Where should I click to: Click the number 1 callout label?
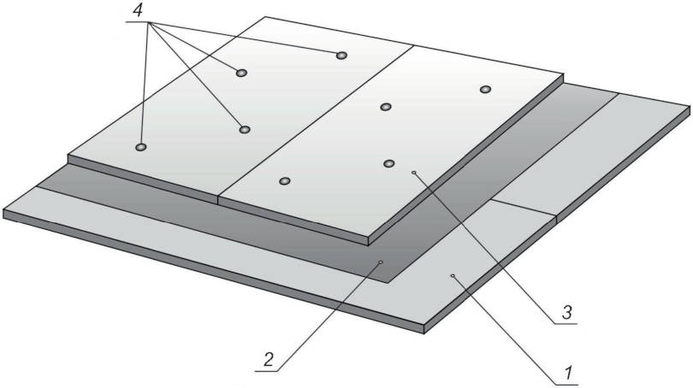[x=570, y=373]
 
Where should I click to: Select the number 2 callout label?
[x=269, y=360]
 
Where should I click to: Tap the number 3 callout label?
[x=567, y=312]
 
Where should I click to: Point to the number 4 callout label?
[x=139, y=9]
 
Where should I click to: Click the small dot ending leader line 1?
[x=452, y=276]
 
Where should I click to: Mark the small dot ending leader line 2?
[x=382, y=262]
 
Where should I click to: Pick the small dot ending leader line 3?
[x=414, y=173]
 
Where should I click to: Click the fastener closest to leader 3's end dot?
[x=388, y=164]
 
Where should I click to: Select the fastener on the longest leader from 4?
[x=341, y=56]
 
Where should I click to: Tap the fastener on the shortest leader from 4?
[x=241, y=73]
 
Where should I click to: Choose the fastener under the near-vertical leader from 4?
[x=140, y=146]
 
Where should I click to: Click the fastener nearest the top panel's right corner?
[x=485, y=90]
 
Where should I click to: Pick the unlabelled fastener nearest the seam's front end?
[x=285, y=181]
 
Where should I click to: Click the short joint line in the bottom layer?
[x=524, y=208]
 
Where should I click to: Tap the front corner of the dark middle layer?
[x=388, y=283]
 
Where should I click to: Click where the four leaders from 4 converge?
[x=151, y=21]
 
